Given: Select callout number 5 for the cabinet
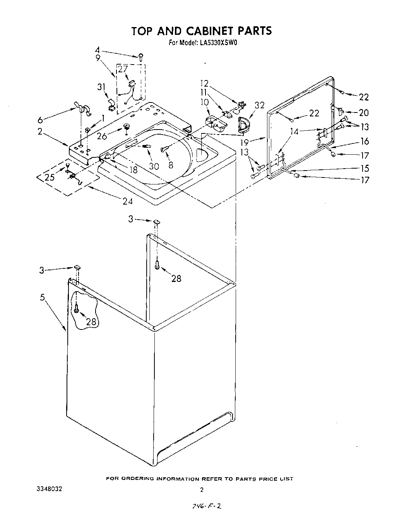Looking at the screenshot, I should click(x=42, y=298).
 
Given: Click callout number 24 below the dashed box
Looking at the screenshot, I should click(x=127, y=201).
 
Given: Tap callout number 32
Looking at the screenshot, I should click(x=259, y=105).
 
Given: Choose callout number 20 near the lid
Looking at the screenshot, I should click(x=363, y=113).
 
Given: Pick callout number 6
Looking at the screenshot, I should click(x=40, y=120).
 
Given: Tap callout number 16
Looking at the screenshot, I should click(x=364, y=141).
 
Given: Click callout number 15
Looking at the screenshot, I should click(x=364, y=168).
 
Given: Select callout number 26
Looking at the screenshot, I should click(x=102, y=136).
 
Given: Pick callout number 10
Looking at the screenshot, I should click(x=204, y=102).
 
